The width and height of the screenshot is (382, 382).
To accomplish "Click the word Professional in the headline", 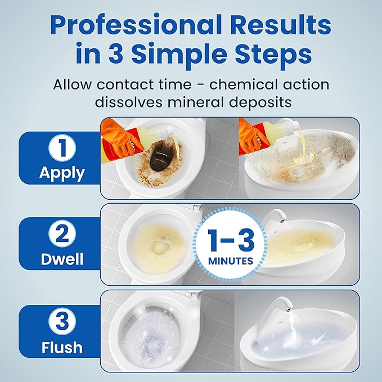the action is click(136, 26).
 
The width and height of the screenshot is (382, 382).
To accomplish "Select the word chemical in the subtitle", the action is click(243, 84).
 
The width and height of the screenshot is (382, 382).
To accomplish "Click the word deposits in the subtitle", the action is click(260, 102).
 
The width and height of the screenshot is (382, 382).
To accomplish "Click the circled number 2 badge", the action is click(62, 233).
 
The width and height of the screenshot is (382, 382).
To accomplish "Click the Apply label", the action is click(62, 173).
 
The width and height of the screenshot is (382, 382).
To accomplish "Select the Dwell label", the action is click(62, 259).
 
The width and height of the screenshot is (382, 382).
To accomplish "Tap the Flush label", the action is click(62, 347).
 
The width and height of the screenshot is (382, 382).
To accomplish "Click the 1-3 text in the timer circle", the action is click(231, 240).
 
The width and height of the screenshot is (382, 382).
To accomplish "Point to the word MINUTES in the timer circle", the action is click(231, 261).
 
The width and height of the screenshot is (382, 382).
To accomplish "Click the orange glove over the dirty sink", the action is click(253, 136).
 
